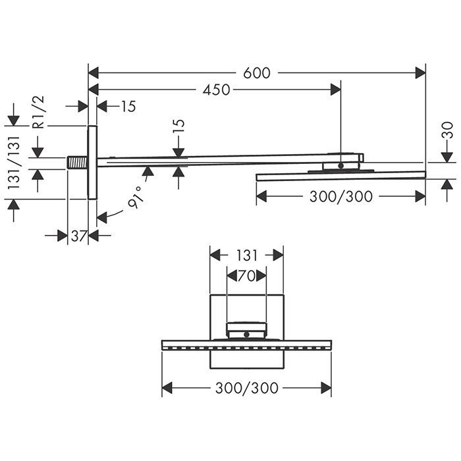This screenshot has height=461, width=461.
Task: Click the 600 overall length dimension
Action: coord(257,73)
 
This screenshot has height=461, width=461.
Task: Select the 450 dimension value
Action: coord(217,90)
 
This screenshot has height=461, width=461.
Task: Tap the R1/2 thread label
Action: coord(38,112)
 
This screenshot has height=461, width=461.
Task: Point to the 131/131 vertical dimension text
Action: coord(14,163)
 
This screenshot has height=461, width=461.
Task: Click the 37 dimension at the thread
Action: coord(79,236)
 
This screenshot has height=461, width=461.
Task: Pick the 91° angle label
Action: coord(137,198)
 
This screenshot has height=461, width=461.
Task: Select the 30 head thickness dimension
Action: coord(447,130)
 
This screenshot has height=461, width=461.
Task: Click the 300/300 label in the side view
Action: coord(341,196)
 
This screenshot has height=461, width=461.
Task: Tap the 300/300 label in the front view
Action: coord(247,388)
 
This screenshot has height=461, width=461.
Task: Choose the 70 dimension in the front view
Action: coord(246,276)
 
